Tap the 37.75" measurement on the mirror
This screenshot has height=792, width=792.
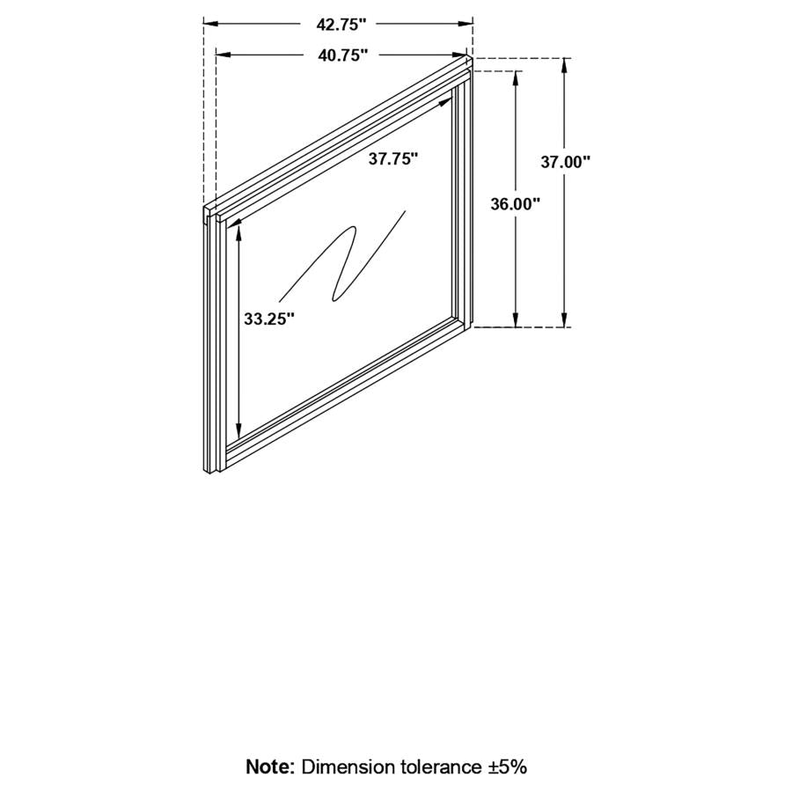392,159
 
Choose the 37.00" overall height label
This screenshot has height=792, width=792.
566,161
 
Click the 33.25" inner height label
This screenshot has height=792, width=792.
269,319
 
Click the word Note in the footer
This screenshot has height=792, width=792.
270,766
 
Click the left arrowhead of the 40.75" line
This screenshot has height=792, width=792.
222,55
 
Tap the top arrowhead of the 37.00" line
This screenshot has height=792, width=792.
566,64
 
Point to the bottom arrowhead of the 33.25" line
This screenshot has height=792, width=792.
238,432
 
